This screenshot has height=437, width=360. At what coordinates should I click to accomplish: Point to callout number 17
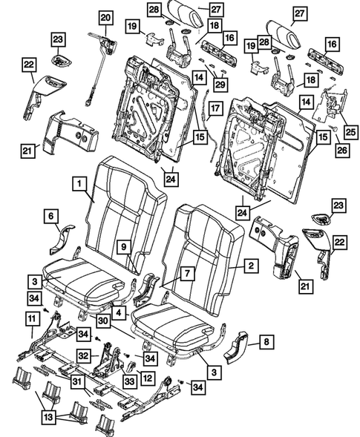pyautogui.click(x=215, y=111)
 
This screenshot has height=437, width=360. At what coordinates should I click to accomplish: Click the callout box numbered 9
pyautogui.click(x=125, y=247)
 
